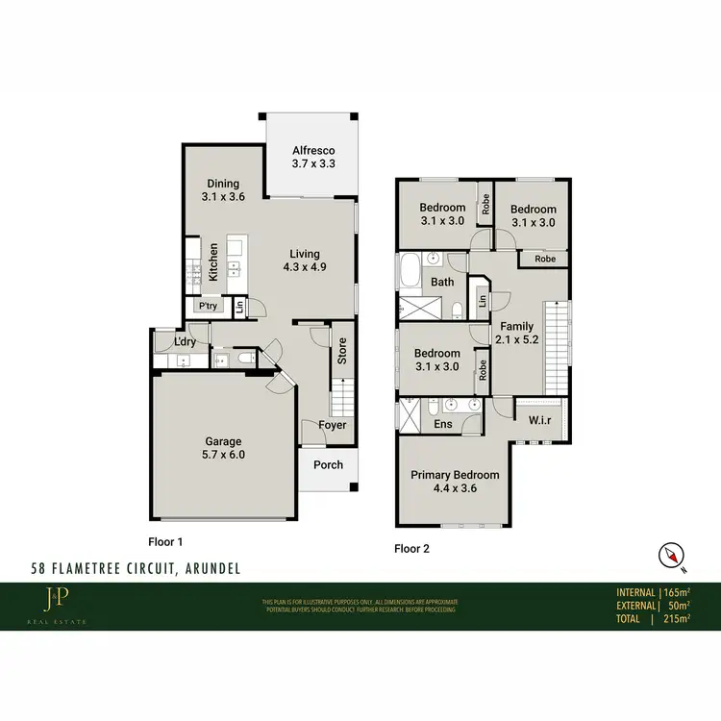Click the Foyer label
333,425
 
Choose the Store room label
341,350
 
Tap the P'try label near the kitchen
206,306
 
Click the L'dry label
186,342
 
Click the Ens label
443,424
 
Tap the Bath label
442,283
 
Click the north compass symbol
670,555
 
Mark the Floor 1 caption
165,541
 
